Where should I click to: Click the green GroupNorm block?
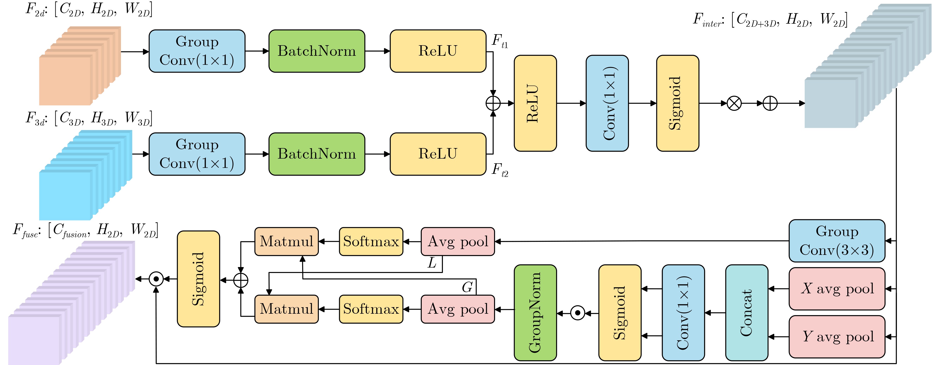point(535,313)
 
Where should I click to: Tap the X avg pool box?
point(837,289)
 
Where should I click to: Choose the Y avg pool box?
point(837,336)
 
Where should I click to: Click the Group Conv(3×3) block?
point(837,241)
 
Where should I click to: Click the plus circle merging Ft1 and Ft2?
point(493,103)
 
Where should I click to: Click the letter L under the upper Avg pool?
point(432,263)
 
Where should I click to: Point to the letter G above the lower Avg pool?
point(467,287)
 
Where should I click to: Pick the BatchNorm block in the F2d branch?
point(317,51)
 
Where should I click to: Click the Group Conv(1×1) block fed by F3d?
point(197,154)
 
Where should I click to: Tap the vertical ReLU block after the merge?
point(535,103)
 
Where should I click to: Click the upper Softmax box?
point(371,242)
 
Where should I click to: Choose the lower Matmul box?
point(286,309)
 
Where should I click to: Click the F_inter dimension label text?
point(770,20)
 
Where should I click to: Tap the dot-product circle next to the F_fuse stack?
point(156,279)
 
